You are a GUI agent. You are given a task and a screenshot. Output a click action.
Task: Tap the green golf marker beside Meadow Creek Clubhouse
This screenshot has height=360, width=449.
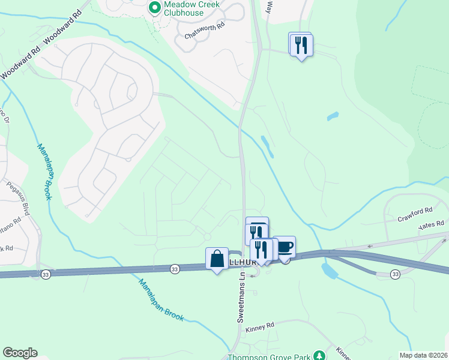pyautogui.click(x=154, y=8)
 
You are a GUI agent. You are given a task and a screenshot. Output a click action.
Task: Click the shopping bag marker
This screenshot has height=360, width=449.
pyautogui.click(x=217, y=259)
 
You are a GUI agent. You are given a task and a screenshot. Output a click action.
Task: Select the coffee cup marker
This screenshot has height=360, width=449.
pyautogui.click(x=285, y=247)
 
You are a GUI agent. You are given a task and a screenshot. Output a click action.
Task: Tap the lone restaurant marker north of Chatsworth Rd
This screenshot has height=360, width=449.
pyautogui.click(x=301, y=44)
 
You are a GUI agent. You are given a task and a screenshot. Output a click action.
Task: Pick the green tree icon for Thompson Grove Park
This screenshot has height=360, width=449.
pyautogui.click(x=319, y=356)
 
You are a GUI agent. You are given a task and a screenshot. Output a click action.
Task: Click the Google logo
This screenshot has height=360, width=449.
pyautogui.click(x=20, y=353)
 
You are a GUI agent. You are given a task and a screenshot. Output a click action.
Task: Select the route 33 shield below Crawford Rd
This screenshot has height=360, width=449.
pyautogui.click(x=394, y=274)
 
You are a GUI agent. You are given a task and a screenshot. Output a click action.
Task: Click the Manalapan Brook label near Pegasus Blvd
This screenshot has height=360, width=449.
pyautogui.click(x=44, y=171)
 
